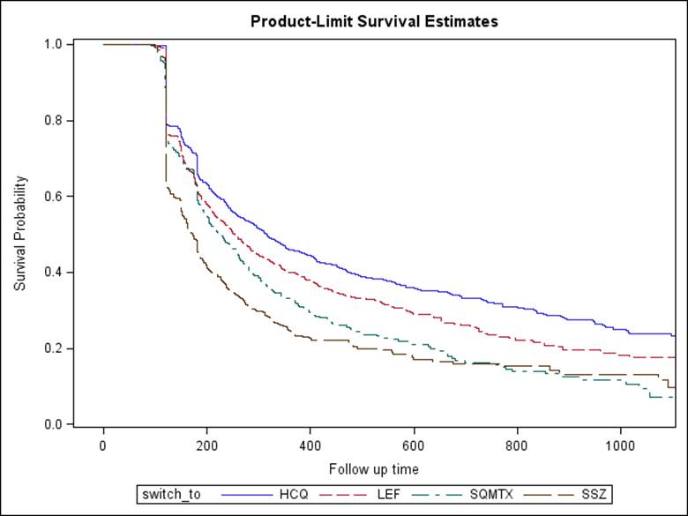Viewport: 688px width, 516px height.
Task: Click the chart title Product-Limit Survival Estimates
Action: (374, 21)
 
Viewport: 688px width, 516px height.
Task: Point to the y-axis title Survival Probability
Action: (20, 234)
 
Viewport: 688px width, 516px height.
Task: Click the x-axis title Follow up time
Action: (374, 468)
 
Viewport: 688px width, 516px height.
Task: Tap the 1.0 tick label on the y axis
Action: (53, 44)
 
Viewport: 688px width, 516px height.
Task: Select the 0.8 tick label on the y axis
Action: (53, 121)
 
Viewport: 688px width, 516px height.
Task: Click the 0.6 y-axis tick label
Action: (53, 197)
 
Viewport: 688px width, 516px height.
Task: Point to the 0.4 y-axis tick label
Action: (53, 273)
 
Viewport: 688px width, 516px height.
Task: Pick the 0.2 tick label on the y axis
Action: (53, 349)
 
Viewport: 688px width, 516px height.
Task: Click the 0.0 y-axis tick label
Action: (53, 425)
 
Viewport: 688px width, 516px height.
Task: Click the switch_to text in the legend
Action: (171, 495)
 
